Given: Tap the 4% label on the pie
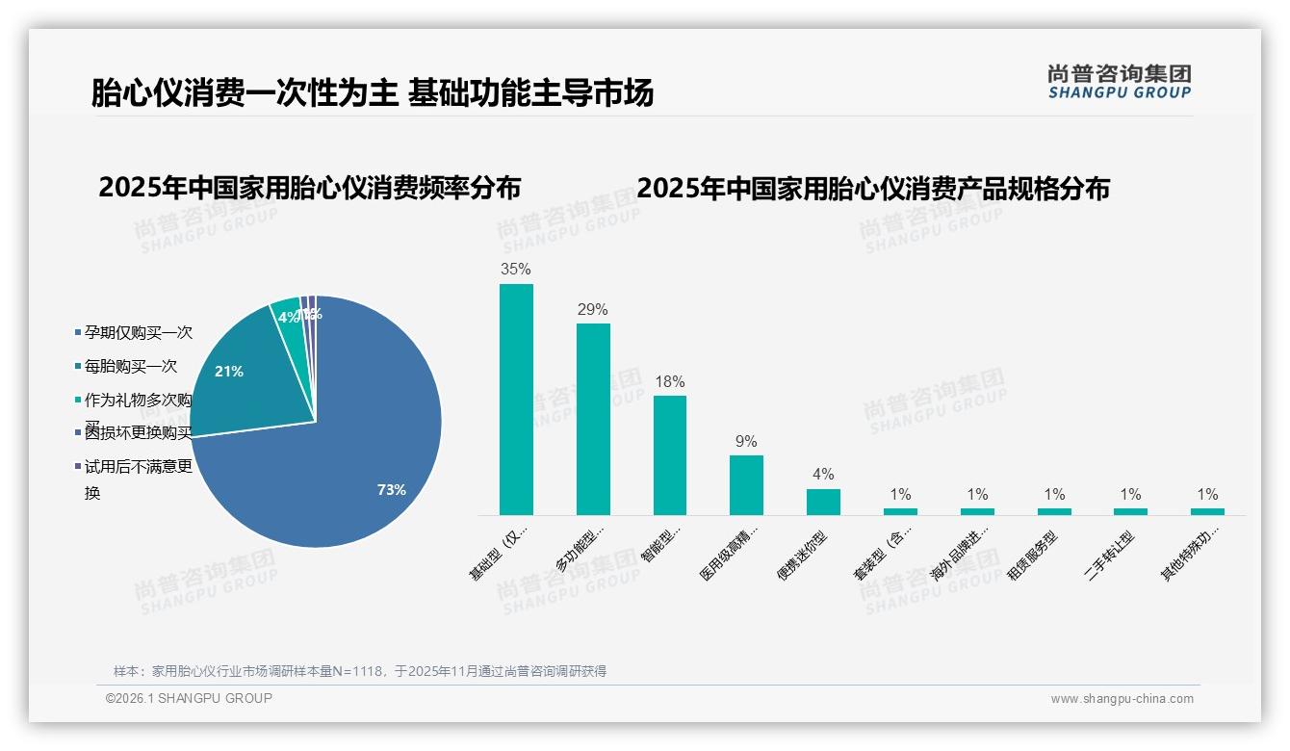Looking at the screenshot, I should (x=287, y=317).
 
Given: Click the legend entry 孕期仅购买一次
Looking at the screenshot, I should (x=138, y=332).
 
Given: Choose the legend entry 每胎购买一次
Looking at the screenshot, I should (x=130, y=367).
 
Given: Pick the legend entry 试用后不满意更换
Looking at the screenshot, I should (x=138, y=468).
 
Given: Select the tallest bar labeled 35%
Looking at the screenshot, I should (x=516, y=400).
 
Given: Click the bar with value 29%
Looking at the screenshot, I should (x=593, y=419).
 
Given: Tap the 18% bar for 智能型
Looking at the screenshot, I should (x=670, y=454).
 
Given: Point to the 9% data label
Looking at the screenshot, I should (x=746, y=442).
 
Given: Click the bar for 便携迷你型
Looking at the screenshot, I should (x=823, y=502).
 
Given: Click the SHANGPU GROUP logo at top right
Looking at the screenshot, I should (x=1120, y=82).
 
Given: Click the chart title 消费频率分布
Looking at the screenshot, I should (x=309, y=187).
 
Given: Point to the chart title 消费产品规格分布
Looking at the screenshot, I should (x=873, y=187).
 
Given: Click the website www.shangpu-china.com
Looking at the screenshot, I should (x=1122, y=699).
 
